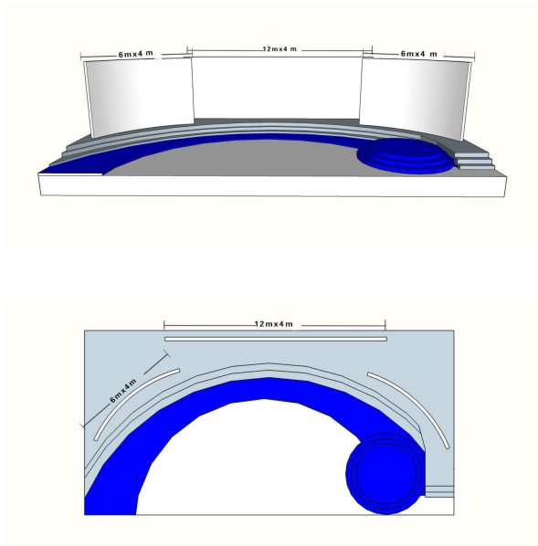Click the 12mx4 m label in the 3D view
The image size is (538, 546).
(x=280, y=49)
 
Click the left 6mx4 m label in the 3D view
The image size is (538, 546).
(x=135, y=54)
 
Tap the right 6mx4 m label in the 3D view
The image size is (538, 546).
(x=418, y=54)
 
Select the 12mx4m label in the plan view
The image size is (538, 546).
(x=273, y=324)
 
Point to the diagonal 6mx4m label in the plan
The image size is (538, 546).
(x=123, y=391)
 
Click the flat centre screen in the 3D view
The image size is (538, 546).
(x=277, y=88)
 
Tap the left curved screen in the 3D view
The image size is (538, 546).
(x=140, y=97)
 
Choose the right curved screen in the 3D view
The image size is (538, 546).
(x=415, y=99)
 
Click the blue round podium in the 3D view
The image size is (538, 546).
(x=406, y=155)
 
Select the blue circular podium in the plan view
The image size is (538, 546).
(x=385, y=474)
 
